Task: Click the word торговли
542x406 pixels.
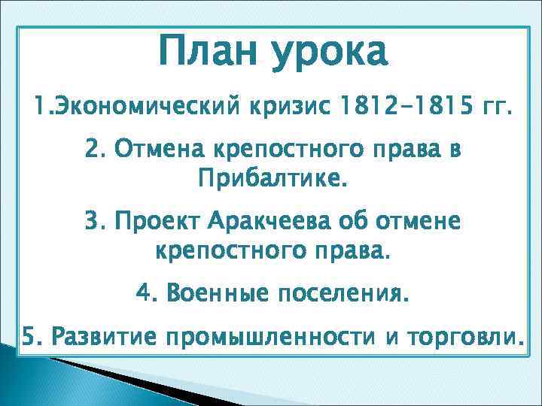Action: [x=461, y=338]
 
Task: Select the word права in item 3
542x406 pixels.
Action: [x=354, y=250]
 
